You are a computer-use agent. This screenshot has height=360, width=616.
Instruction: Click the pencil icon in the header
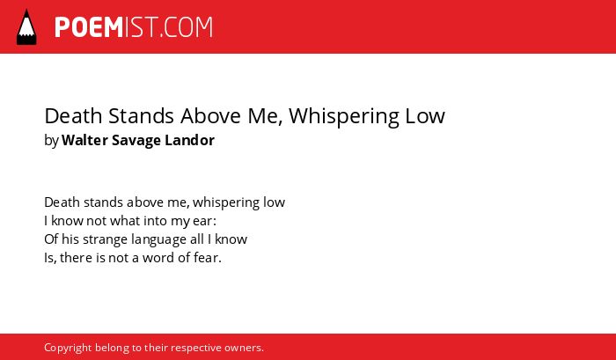[x=26, y=26]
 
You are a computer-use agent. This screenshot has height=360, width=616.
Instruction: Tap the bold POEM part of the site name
[x=89, y=27]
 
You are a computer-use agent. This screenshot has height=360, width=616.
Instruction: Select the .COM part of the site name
[x=186, y=27]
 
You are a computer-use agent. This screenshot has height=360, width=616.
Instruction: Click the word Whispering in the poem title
[x=341, y=117]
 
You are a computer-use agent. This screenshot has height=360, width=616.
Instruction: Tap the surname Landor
[x=190, y=140]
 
